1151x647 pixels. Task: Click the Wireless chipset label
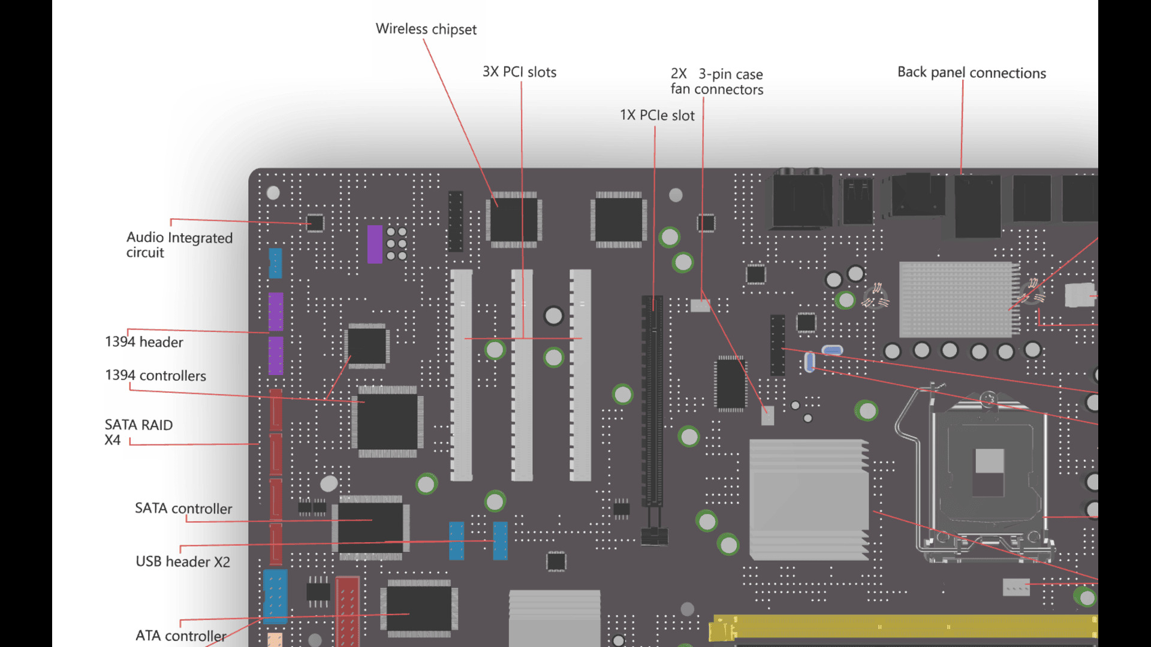(426, 29)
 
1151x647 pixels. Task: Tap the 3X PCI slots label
(519, 72)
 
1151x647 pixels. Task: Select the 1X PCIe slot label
(657, 115)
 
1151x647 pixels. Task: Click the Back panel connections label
(971, 73)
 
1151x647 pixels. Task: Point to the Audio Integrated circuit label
(179, 244)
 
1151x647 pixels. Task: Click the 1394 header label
(144, 342)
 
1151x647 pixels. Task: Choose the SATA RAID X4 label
(138, 432)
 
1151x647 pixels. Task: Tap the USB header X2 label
(182, 561)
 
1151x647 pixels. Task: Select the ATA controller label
(180, 636)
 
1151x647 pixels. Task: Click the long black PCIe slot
(652, 401)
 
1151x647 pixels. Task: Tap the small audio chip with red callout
(315, 223)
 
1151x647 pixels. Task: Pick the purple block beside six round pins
(375, 244)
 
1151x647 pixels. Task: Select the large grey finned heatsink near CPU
(808, 500)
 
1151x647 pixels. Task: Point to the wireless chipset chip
(513, 220)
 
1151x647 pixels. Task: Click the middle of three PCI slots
(522, 375)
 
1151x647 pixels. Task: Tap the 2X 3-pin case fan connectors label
(716, 81)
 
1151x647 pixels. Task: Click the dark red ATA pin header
(347, 611)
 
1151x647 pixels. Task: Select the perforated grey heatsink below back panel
(957, 300)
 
